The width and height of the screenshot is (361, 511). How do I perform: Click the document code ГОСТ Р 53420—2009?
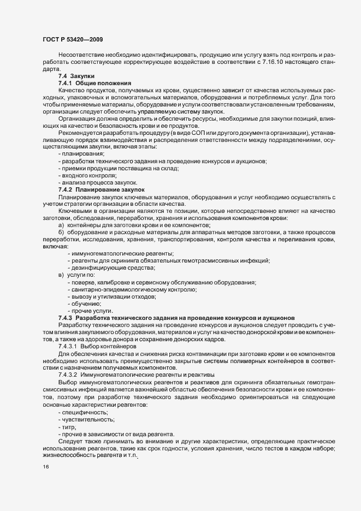click(72, 39)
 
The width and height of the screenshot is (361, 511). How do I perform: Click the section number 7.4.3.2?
click(68, 373)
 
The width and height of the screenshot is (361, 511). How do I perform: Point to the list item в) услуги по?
click(76, 275)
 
